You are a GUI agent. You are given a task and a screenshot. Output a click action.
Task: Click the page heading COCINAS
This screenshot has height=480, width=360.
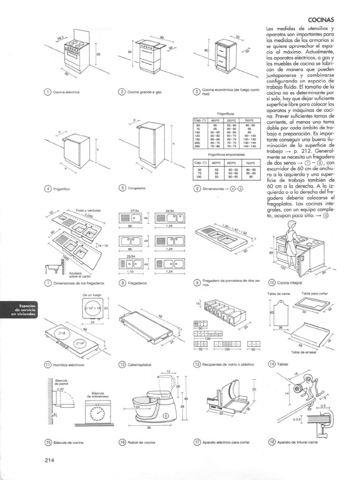(x=321, y=20)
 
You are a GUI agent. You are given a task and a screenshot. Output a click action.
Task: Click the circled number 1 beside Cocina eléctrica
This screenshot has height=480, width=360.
(x=47, y=92)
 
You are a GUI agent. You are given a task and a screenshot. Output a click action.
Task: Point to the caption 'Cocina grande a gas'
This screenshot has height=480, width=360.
(x=144, y=92)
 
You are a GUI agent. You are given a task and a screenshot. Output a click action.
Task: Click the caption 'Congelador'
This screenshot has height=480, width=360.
(x=137, y=188)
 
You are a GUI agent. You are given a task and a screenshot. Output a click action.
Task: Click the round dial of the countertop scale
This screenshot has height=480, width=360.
(x=97, y=414)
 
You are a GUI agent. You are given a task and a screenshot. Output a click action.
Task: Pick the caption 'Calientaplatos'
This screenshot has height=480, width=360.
(x=141, y=364)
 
